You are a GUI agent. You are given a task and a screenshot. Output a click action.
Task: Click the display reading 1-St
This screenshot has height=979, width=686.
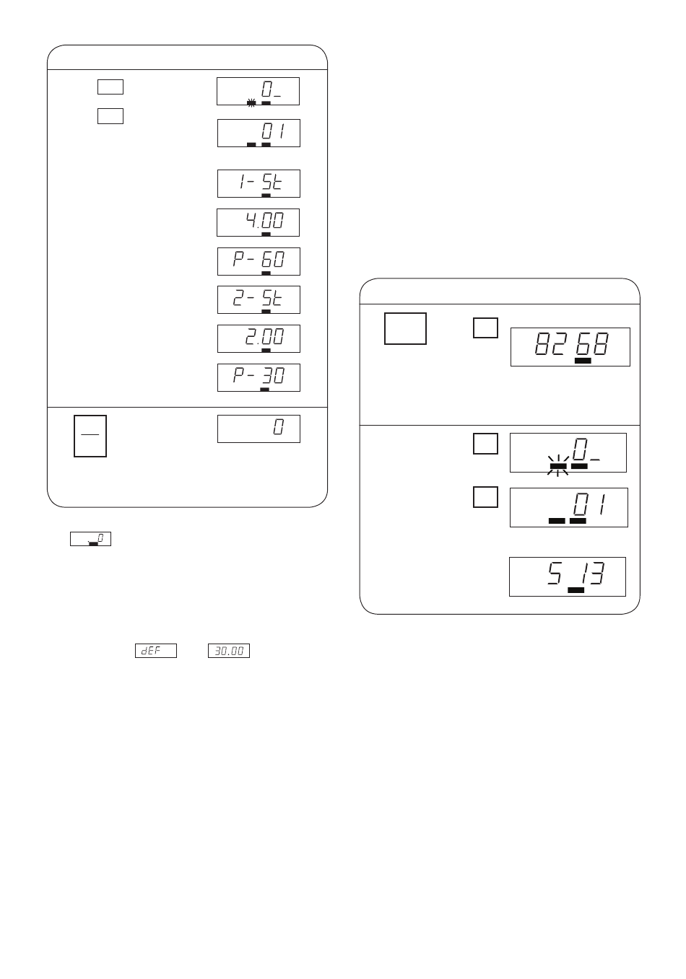(x=259, y=183)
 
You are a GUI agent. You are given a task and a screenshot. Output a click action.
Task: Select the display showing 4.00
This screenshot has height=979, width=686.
(x=258, y=222)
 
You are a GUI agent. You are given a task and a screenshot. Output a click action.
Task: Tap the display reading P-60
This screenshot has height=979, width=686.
(x=259, y=261)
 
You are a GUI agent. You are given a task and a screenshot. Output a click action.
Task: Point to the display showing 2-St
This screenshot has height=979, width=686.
(x=259, y=300)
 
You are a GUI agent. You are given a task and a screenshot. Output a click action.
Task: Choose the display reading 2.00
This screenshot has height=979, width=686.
(x=259, y=338)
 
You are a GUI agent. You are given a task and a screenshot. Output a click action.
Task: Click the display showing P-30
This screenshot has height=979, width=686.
(x=259, y=377)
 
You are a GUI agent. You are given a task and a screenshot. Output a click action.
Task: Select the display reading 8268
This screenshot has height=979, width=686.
(x=570, y=347)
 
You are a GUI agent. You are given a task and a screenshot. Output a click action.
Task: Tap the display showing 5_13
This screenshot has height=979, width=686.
(x=568, y=576)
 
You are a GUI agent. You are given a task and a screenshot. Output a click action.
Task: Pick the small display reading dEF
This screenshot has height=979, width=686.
(x=156, y=651)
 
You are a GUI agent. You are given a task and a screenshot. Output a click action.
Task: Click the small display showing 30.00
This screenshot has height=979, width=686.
(x=229, y=651)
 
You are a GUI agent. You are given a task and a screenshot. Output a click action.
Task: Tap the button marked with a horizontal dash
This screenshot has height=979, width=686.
(x=90, y=436)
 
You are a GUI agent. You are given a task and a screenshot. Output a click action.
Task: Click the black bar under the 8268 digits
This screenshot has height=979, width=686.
(x=583, y=361)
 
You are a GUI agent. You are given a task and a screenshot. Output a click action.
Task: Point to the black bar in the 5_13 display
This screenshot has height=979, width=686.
(x=576, y=590)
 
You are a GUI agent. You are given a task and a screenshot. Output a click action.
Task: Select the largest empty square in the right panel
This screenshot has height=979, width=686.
(x=405, y=329)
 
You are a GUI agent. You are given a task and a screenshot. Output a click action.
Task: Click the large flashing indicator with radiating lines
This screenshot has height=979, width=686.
(x=557, y=466)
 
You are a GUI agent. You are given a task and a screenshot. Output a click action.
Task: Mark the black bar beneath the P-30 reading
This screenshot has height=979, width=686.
(x=265, y=389)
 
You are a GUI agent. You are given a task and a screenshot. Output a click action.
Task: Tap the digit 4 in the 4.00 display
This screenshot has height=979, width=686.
(x=251, y=220)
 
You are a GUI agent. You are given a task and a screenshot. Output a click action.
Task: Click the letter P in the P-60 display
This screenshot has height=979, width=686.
(x=238, y=259)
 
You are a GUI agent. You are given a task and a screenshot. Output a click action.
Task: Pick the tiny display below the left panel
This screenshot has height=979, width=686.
(x=90, y=539)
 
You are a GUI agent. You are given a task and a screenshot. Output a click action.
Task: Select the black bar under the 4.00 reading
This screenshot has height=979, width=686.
(x=266, y=234)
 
